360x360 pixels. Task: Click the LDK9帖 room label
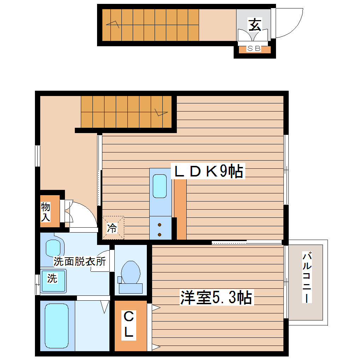tap(208, 172)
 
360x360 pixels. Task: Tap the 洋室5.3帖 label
tap(216, 298)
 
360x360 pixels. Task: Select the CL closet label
tap(129, 325)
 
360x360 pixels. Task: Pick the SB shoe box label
tap(254, 49)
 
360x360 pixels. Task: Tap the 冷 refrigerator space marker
tap(112, 228)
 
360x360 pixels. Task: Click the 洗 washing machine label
tap(52, 279)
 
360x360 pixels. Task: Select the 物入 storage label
tap(46, 211)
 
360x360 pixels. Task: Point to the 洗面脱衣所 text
tap(79, 262)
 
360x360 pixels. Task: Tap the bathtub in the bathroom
tap(56, 326)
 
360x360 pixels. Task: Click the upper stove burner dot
tap(160, 225)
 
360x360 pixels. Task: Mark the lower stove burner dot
tap(160, 234)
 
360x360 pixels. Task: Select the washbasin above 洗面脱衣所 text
tap(53, 248)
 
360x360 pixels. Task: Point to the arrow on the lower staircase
tap(160, 113)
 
